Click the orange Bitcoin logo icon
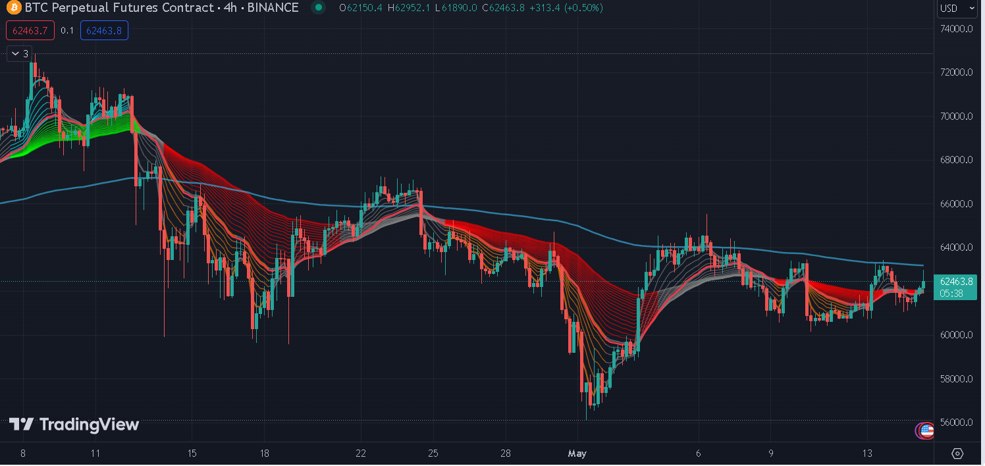click(x=13, y=8)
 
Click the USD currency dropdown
click(x=957, y=8)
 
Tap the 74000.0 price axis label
click(x=957, y=28)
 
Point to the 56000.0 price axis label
click(x=957, y=423)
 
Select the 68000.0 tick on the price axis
click(x=957, y=160)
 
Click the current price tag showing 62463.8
click(x=956, y=282)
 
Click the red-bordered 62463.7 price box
click(x=30, y=30)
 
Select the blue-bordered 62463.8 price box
click(x=104, y=30)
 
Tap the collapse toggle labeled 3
click(x=20, y=54)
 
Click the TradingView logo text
click(x=74, y=425)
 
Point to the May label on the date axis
click(x=576, y=453)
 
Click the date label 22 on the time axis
click(x=360, y=453)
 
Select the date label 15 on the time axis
click(x=192, y=453)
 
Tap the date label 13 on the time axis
click(x=867, y=453)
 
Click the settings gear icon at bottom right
click(x=957, y=453)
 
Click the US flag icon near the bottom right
click(x=926, y=431)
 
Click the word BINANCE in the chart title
click(x=272, y=8)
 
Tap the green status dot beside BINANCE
click(x=319, y=8)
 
